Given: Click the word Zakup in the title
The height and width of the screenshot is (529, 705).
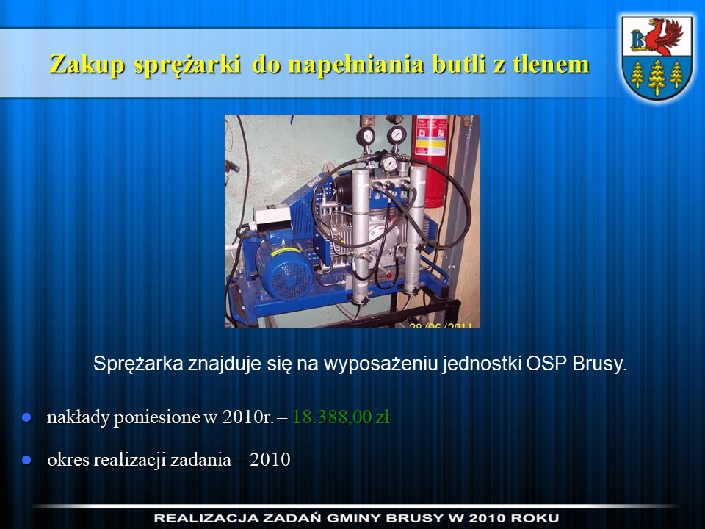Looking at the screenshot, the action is tap(87, 64).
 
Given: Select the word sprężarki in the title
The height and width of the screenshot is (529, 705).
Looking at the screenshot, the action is tap(187, 65).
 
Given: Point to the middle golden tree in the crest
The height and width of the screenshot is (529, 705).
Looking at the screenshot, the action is tap(657, 76).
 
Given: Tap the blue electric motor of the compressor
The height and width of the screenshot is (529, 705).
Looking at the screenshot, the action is tap(284, 268).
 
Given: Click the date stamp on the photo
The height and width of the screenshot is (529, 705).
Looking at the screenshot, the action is tap(441, 325).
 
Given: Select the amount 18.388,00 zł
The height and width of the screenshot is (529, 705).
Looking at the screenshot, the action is tap(341, 417).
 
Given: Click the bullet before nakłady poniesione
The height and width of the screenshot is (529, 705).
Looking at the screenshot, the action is tap(27, 417).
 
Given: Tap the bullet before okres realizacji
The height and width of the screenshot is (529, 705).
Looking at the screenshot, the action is tap(27, 460).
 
